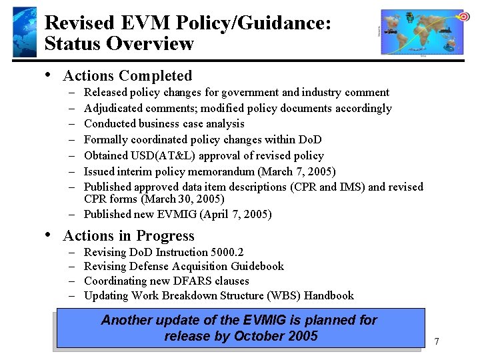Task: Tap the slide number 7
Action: pos(436,342)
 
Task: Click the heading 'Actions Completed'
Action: pos(127,76)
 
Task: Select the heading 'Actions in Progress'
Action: pos(129,236)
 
